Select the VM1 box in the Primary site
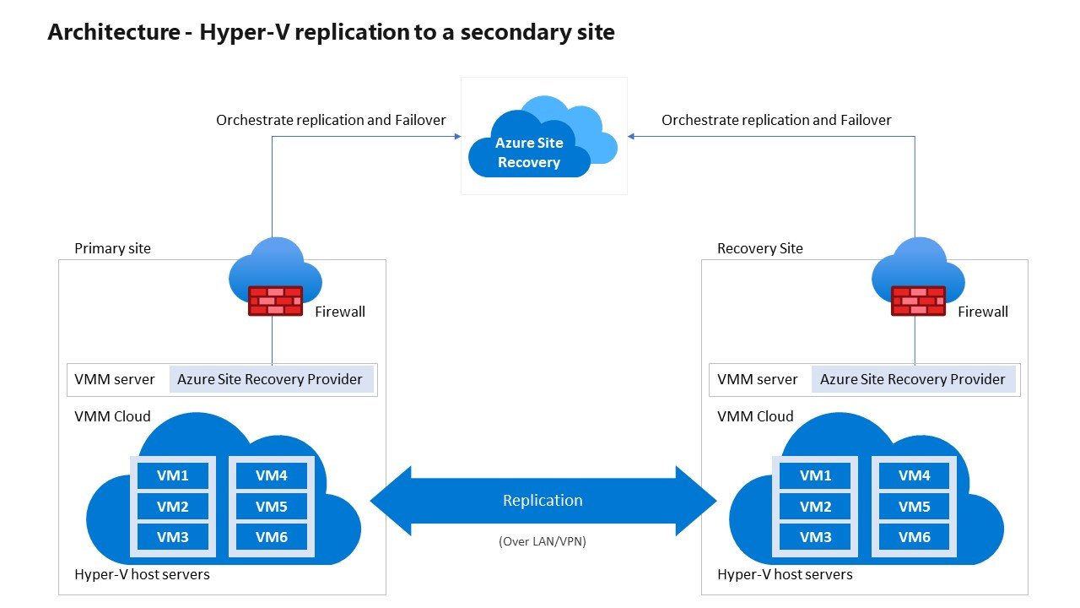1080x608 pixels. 173,475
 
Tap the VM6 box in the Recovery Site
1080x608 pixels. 914,537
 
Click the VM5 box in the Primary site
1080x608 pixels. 272,507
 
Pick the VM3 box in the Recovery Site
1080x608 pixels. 815,537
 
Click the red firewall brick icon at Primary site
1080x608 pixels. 275,301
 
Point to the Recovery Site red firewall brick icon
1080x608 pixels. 918,301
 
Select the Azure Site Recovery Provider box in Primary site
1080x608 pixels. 270,379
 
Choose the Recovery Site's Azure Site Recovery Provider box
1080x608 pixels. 913,379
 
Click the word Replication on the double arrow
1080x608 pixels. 543,500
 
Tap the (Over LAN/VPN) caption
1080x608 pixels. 543,541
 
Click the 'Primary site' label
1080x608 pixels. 112,248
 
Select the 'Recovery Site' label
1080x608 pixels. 759,248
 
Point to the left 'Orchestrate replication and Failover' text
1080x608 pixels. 331,120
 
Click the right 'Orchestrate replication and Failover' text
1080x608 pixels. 776,120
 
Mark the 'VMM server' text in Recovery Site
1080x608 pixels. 757,379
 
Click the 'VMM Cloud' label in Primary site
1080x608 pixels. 112,416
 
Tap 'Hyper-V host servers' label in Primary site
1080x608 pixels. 142,574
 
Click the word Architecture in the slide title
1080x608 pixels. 113,32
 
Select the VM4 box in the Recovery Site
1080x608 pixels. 914,475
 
